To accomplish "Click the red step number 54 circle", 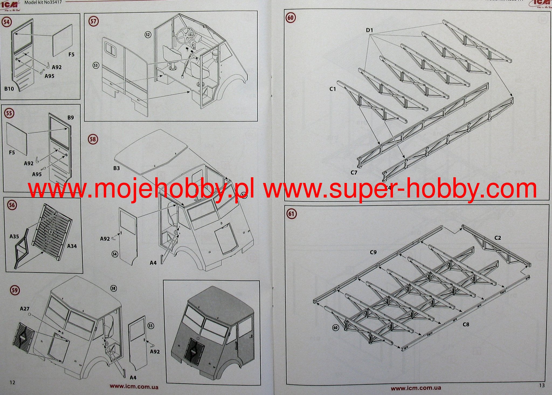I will coord(6,22).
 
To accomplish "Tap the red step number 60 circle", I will coord(290,18).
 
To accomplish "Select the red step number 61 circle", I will coord(291,214).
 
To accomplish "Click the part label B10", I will coord(9,89).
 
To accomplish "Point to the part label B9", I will coord(71,118).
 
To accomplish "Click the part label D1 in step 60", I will coord(370,30).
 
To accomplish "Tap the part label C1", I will coord(333,89).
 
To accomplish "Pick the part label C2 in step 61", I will coord(498,238).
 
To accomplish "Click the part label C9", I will coord(373,252).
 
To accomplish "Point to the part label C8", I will coord(466,324).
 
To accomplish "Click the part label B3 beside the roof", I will coord(116,168).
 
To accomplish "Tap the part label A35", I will coord(14,236).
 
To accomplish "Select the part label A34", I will coord(72,246).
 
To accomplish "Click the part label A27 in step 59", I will coord(25,309).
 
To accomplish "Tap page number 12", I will coord(12,382).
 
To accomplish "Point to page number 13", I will coord(542,385).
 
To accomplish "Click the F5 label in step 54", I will coord(71,55).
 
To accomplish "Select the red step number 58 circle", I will coord(93,139).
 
